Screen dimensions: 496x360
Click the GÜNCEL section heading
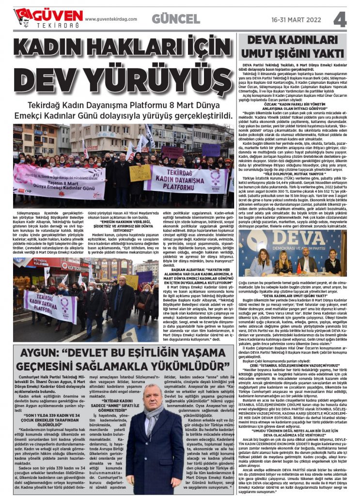(x=175, y=19)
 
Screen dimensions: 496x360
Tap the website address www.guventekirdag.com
(x=111, y=19)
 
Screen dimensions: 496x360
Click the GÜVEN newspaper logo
(x=48, y=18)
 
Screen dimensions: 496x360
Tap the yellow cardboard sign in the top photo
(x=140, y=172)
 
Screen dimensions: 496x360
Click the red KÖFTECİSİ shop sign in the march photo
(x=71, y=265)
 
